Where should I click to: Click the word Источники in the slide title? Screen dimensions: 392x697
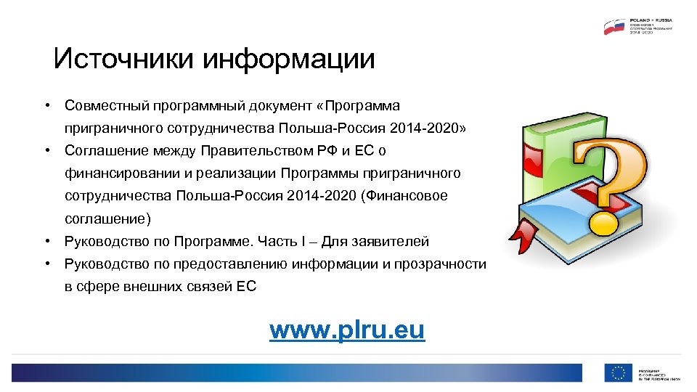[x=124, y=58]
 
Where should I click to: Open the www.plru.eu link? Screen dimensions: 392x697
[x=346, y=330]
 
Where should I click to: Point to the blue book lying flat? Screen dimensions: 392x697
[x=574, y=218]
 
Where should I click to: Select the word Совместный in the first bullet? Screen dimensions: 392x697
[x=106, y=106]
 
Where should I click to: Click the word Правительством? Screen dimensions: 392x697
[x=253, y=151]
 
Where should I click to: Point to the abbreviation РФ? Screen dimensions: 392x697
[x=322, y=151]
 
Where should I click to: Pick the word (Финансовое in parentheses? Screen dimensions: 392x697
[x=404, y=196]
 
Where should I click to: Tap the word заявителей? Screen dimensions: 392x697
[x=392, y=242]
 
